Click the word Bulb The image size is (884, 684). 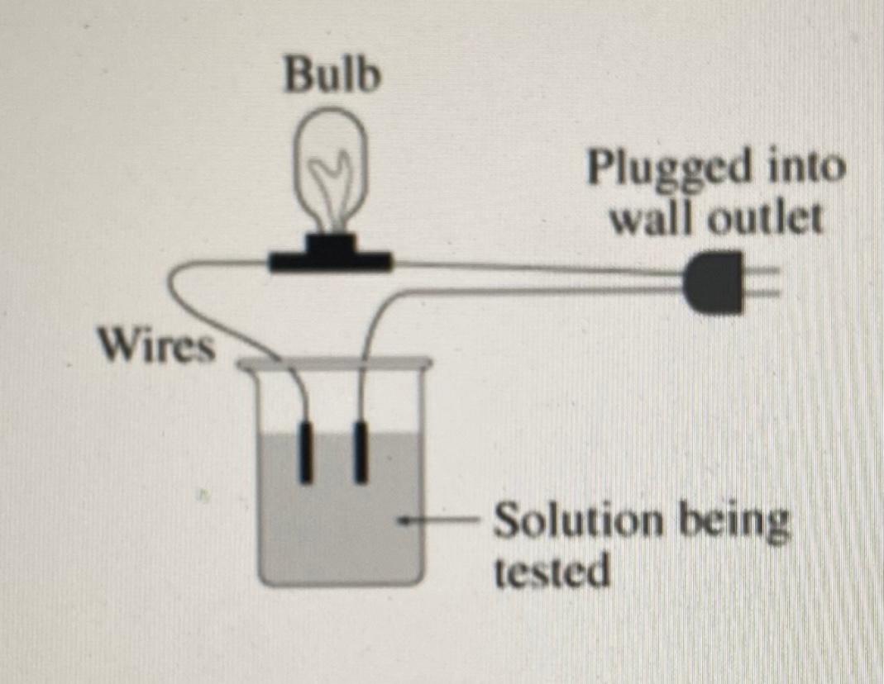(332, 76)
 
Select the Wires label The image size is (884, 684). (155, 345)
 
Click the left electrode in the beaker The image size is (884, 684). (307, 452)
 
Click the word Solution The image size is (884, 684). (579, 522)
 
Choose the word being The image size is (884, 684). (735, 522)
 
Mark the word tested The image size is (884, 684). (552, 571)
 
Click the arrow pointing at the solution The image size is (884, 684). (438, 521)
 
